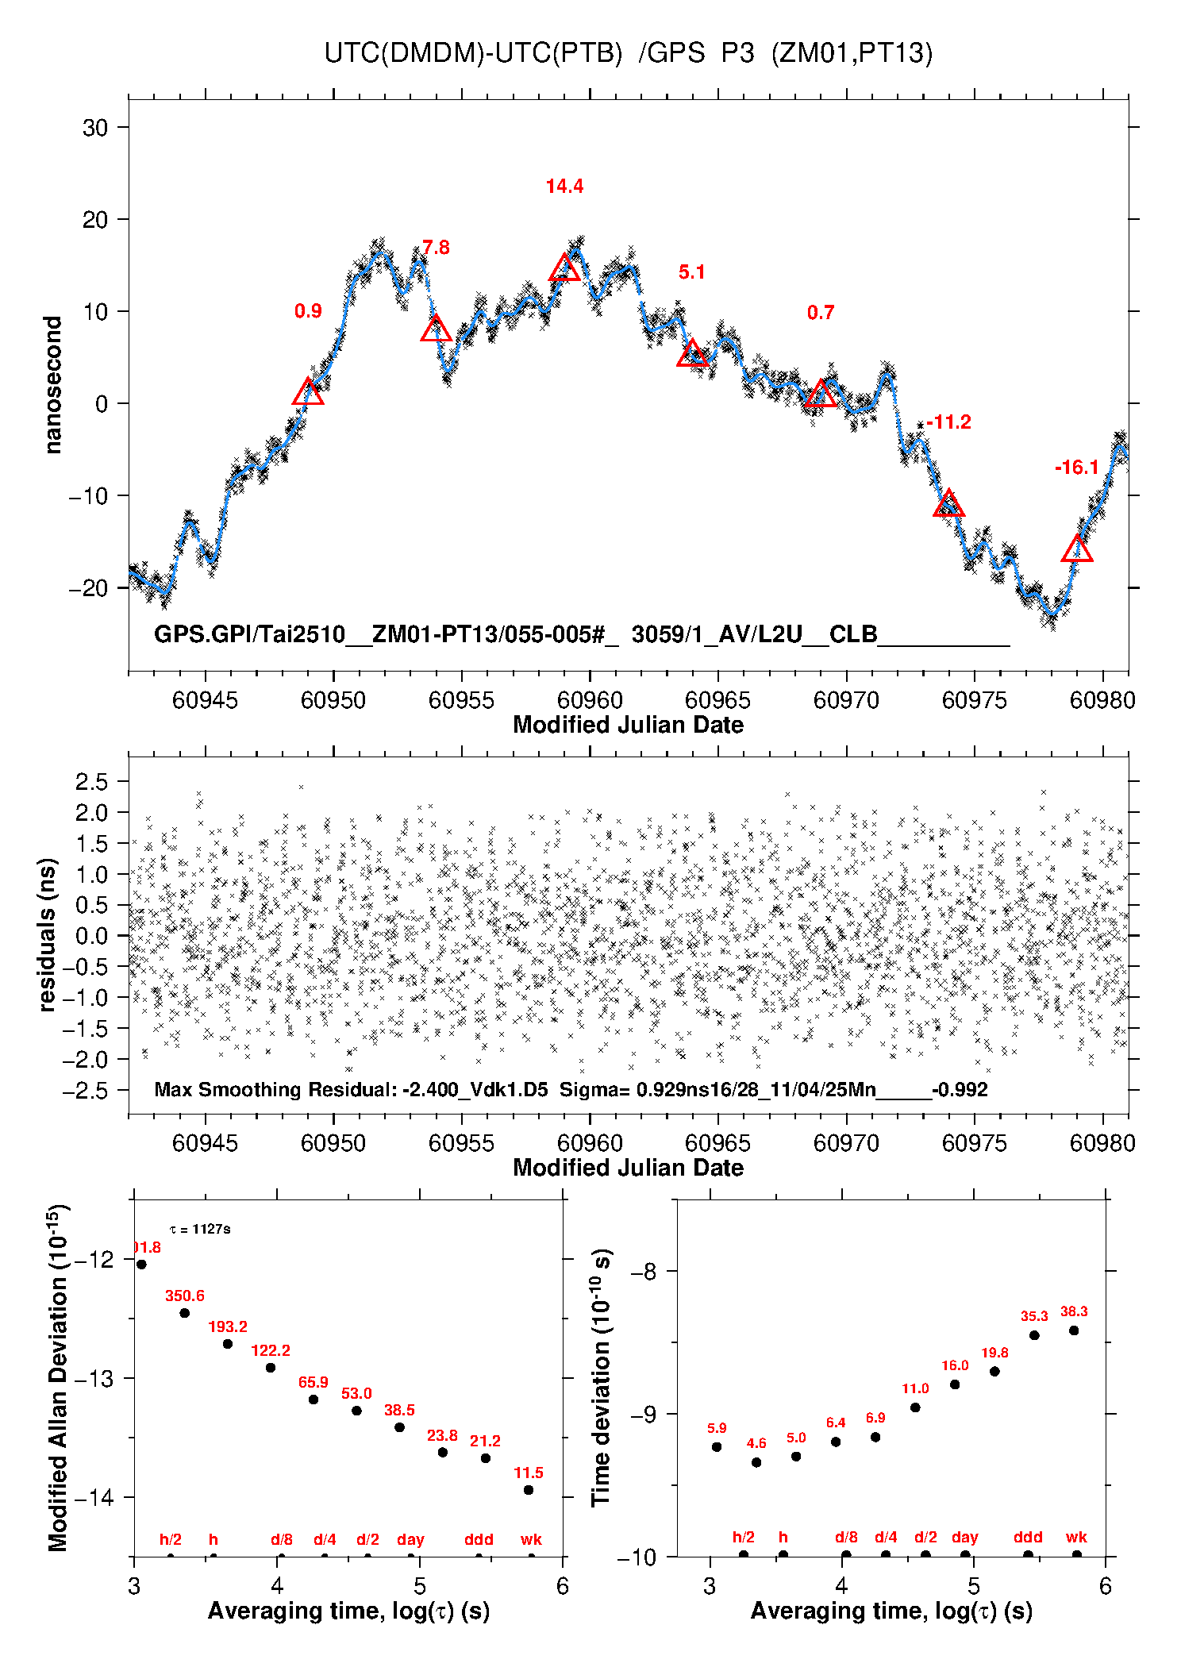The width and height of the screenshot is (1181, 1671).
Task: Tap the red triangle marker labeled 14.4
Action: (x=564, y=268)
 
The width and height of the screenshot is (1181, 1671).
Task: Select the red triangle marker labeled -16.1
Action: (x=1077, y=549)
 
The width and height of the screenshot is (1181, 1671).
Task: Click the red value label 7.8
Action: (x=436, y=248)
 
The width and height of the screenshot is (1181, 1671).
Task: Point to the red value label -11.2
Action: (x=948, y=422)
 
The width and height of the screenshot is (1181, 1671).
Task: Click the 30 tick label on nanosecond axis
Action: (x=95, y=128)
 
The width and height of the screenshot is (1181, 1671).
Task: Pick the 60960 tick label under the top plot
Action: (x=590, y=700)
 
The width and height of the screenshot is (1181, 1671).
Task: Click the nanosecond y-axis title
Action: (x=53, y=385)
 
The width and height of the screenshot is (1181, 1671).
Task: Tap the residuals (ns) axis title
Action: (x=48, y=934)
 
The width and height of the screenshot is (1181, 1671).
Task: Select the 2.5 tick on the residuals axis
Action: (x=92, y=782)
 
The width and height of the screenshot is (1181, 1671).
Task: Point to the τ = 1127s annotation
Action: (x=200, y=1230)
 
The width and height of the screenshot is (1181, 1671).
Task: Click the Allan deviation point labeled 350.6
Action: (x=184, y=1313)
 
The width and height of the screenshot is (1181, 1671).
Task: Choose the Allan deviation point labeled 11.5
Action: (x=529, y=1490)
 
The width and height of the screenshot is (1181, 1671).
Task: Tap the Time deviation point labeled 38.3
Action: (x=1074, y=1330)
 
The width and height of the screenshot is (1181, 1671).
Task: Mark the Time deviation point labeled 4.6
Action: (x=756, y=1462)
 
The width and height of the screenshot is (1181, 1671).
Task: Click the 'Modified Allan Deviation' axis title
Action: (x=58, y=1377)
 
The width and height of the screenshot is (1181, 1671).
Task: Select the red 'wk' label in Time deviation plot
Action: (x=1076, y=1538)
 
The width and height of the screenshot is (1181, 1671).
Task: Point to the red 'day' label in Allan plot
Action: (x=410, y=1540)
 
